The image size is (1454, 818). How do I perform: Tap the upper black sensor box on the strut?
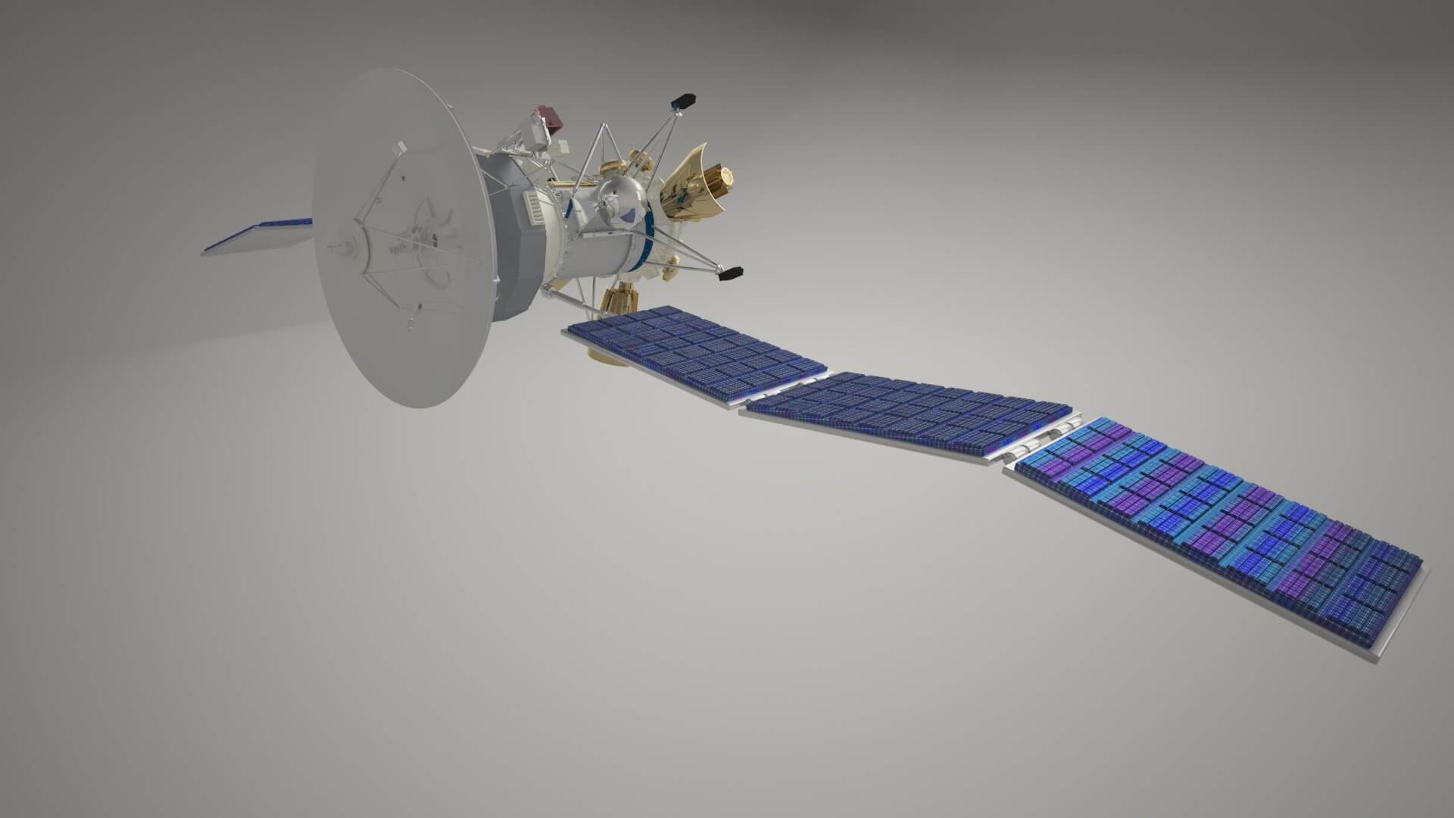[x=684, y=101]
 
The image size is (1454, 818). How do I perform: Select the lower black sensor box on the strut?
[x=732, y=273]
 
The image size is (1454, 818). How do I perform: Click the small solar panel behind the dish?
[x=257, y=236]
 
